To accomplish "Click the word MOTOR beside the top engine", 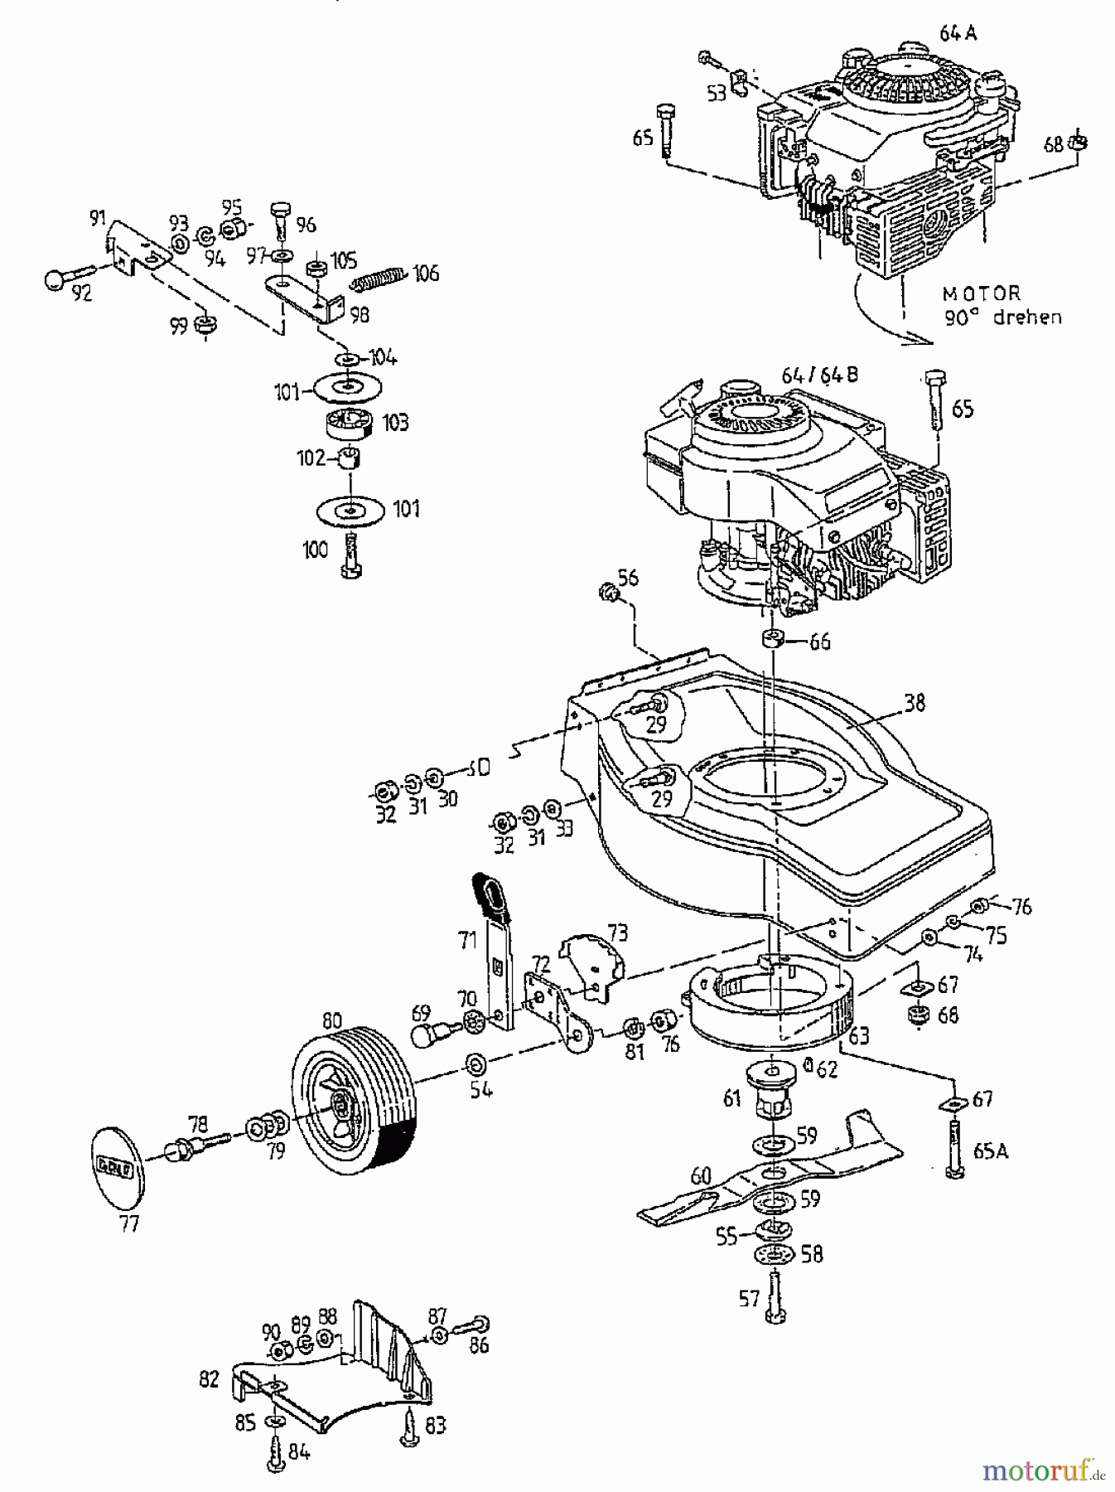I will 982,293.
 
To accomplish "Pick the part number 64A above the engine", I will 958,33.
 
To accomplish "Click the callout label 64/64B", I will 820,375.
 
